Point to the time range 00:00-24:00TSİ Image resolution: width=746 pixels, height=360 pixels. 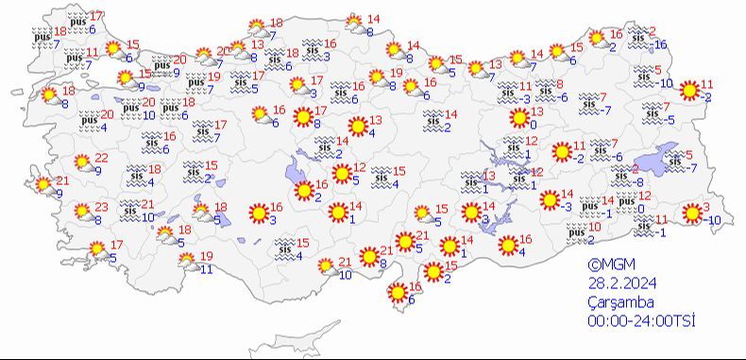pyautogui.click(x=641, y=321)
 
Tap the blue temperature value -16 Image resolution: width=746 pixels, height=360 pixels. pyautogui.click(x=660, y=44)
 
